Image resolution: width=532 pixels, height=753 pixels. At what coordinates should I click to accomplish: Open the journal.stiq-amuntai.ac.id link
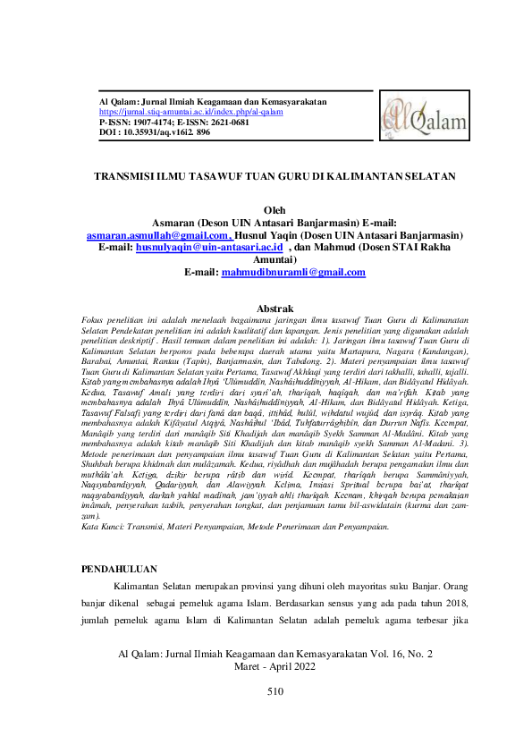tap(190, 113)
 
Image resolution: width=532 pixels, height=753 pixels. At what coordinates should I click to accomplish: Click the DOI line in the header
tap(154, 132)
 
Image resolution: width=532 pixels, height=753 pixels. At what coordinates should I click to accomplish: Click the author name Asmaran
tap(179, 223)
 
